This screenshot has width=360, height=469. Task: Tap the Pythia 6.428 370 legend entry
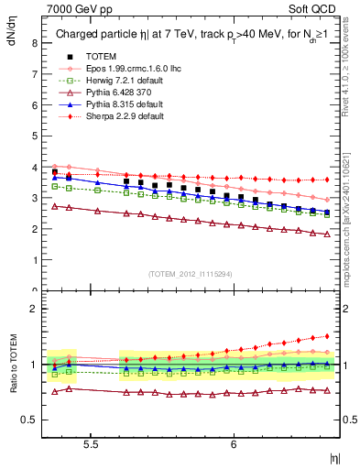click(x=115, y=93)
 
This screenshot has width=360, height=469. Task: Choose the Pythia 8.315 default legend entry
click(x=118, y=104)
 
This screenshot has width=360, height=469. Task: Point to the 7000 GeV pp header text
click(x=74, y=7)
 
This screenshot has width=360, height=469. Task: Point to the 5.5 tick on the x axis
click(x=92, y=443)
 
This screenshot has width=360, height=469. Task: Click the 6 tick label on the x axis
click(x=234, y=443)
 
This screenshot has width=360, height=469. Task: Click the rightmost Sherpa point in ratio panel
click(x=327, y=335)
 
